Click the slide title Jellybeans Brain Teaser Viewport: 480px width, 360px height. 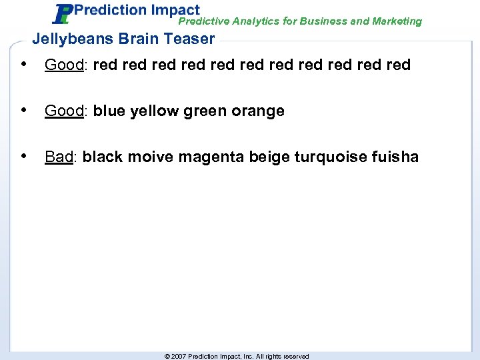pyautogui.click(x=123, y=39)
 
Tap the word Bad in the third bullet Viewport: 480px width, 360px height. pyautogui.click(x=59, y=157)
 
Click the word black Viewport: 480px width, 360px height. pyautogui.click(x=103, y=157)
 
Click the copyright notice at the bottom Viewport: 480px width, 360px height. pyautogui.click(x=237, y=356)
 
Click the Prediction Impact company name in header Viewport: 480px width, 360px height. pyautogui.click(x=136, y=10)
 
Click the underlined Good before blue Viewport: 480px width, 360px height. pyautogui.click(x=63, y=111)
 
